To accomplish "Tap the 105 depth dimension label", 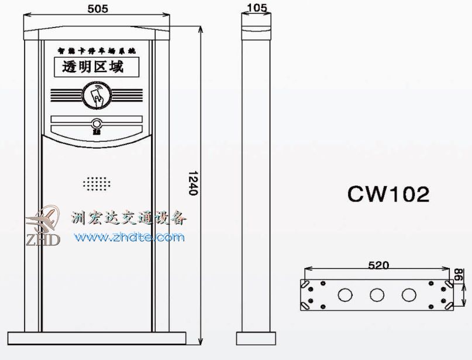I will click(257, 8).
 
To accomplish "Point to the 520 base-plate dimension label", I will click(378, 265).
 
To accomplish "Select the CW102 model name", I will click(388, 194).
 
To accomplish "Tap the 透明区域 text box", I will click(96, 68).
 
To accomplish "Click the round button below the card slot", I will click(96, 124).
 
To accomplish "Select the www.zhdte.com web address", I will click(129, 238).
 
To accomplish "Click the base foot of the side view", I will click(257, 338).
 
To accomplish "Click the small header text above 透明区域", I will click(96, 51).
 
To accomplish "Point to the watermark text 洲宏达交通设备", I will click(129, 219).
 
